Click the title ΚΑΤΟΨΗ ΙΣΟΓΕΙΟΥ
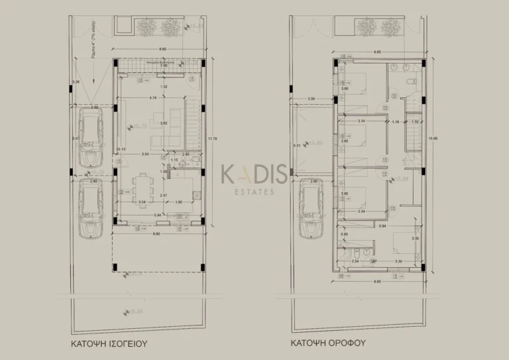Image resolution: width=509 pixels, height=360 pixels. (109, 345)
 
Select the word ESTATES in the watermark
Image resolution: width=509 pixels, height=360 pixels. (254, 193)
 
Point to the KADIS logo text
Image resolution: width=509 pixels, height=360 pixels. (254, 175)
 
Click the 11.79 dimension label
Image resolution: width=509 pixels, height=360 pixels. (211, 139)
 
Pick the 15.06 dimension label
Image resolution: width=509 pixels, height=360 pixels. (433, 139)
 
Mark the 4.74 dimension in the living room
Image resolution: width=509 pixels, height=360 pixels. (153, 98)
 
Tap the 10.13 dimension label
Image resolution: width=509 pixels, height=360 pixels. (120, 149)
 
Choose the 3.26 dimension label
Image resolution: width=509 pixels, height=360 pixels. (76, 82)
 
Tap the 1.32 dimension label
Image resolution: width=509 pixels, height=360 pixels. (164, 87)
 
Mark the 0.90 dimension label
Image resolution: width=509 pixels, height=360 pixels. (343, 235)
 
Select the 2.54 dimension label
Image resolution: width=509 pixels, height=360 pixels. (355, 262)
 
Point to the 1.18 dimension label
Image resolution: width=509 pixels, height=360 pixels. (396, 122)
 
